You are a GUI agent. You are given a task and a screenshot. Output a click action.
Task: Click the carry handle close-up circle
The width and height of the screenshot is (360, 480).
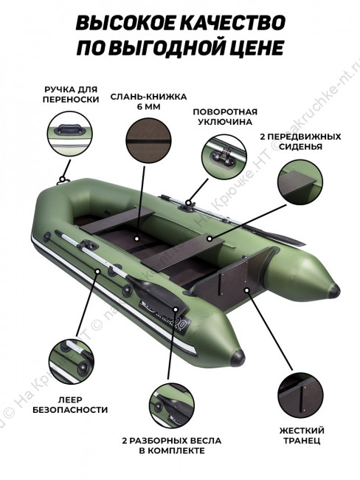tap(70, 134)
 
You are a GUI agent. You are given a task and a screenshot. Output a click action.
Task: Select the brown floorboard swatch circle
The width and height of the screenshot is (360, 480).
tap(148, 141)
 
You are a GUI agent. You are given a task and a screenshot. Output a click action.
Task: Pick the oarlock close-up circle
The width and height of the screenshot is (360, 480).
tap(224, 157)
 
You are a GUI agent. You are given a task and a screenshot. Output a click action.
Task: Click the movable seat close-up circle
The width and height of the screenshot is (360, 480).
tap(300, 182)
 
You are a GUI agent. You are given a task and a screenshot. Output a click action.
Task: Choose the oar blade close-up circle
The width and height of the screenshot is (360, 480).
tap(172, 405)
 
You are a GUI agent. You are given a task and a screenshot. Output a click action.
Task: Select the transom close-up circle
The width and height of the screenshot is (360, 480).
tap(301, 395)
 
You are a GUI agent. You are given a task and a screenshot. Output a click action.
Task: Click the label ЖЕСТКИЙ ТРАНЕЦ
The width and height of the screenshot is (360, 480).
tap(302, 435)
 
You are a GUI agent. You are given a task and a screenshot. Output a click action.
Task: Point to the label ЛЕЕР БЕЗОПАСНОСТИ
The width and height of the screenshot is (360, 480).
tap(70, 405)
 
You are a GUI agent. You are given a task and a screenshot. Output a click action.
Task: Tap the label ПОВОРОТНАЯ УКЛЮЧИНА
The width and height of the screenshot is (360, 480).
tap(225, 117)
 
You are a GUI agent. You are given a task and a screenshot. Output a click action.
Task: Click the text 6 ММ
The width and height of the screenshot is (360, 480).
tap(149, 107)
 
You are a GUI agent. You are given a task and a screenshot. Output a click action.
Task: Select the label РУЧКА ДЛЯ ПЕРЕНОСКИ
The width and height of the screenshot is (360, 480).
tap(71, 95)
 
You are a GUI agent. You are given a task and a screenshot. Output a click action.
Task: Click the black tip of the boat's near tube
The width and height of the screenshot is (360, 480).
tap(238, 357)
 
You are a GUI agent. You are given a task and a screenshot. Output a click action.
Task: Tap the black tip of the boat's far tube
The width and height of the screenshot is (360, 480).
tap(334, 291)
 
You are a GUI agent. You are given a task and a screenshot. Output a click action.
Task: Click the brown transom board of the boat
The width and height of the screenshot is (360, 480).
tap(226, 280)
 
